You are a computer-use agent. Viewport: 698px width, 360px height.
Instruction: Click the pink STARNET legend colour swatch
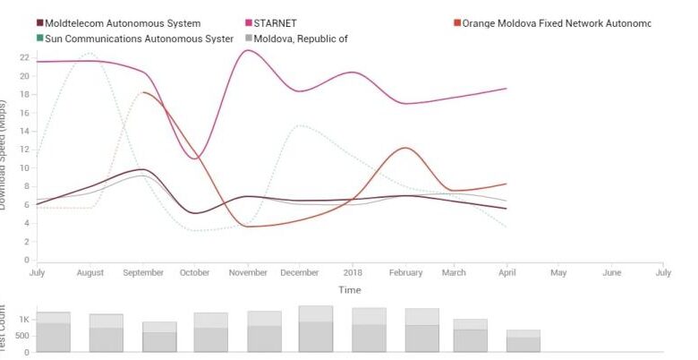tap(248, 23)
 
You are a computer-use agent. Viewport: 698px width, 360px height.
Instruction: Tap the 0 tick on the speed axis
tap(26, 261)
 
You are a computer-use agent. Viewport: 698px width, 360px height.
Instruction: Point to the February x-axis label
tap(404, 272)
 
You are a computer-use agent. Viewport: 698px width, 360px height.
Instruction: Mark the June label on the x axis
tap(611, 272)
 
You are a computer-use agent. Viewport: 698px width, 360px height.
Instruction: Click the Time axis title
tap(349, 289)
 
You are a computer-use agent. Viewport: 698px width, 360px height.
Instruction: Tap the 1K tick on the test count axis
tap(24, 320)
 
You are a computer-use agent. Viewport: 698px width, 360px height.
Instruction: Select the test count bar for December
tap(316, 330)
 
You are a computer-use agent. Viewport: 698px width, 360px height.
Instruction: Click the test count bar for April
tap(523, 341)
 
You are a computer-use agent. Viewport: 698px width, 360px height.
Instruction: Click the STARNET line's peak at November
tap(246, 50)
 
